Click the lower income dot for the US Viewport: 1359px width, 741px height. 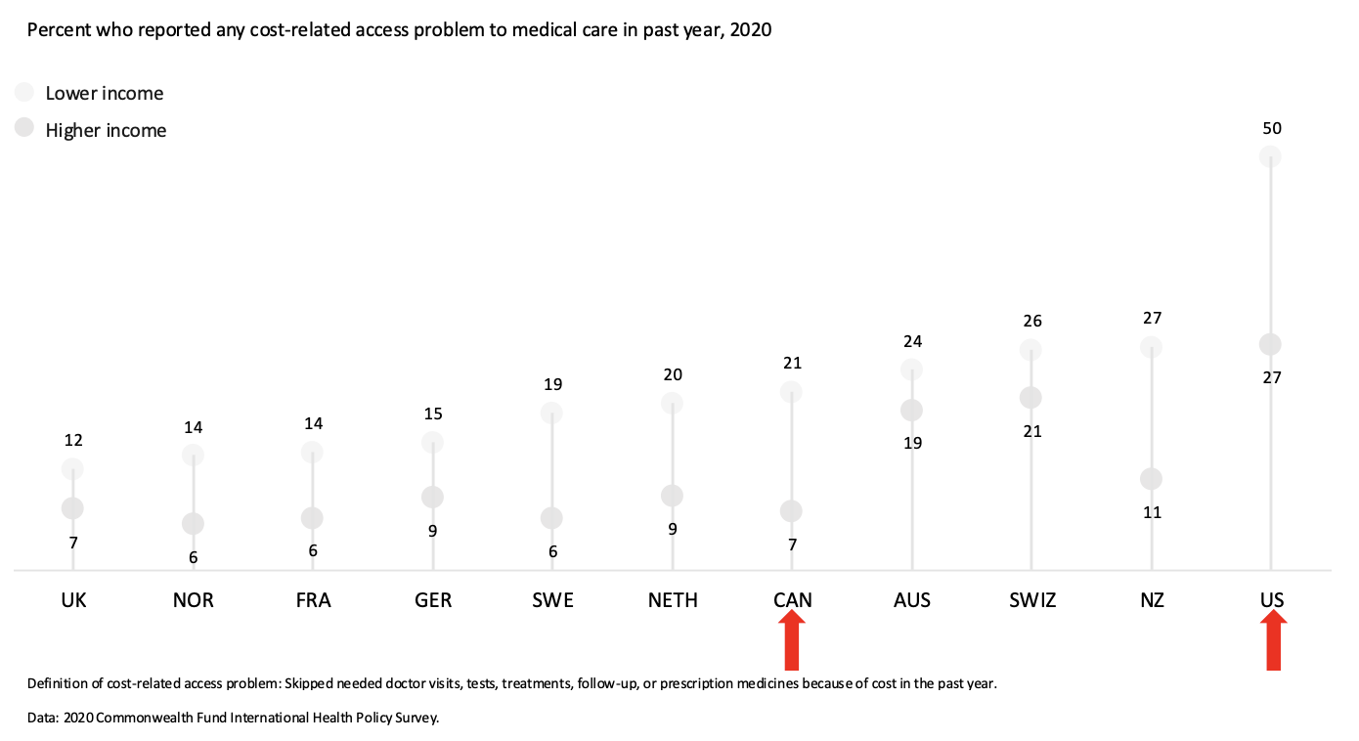click(1270, 156)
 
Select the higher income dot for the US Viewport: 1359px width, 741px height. click(1270, 344)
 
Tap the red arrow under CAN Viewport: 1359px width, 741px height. click(792, 640)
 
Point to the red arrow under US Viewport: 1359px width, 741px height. click(1272, 640)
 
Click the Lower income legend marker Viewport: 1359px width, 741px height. click(24, 92)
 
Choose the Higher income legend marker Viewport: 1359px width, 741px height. click(24, 128)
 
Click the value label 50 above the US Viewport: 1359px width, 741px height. click(1271, 128)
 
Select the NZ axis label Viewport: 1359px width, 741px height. click(1152, 600)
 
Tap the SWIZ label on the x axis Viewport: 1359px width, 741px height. click(1032, 600)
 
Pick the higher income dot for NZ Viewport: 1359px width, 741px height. click(1151, 479)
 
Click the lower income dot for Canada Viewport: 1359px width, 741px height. click(792, 392)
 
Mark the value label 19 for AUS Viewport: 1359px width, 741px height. click(912, 443)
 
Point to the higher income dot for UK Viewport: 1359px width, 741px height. click(73, 507)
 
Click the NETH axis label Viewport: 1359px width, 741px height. click(673, 600)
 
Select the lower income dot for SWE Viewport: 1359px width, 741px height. click(552, 413)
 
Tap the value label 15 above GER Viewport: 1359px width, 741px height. click(433, 414)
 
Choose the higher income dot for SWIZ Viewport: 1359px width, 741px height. click(1030, 398)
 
